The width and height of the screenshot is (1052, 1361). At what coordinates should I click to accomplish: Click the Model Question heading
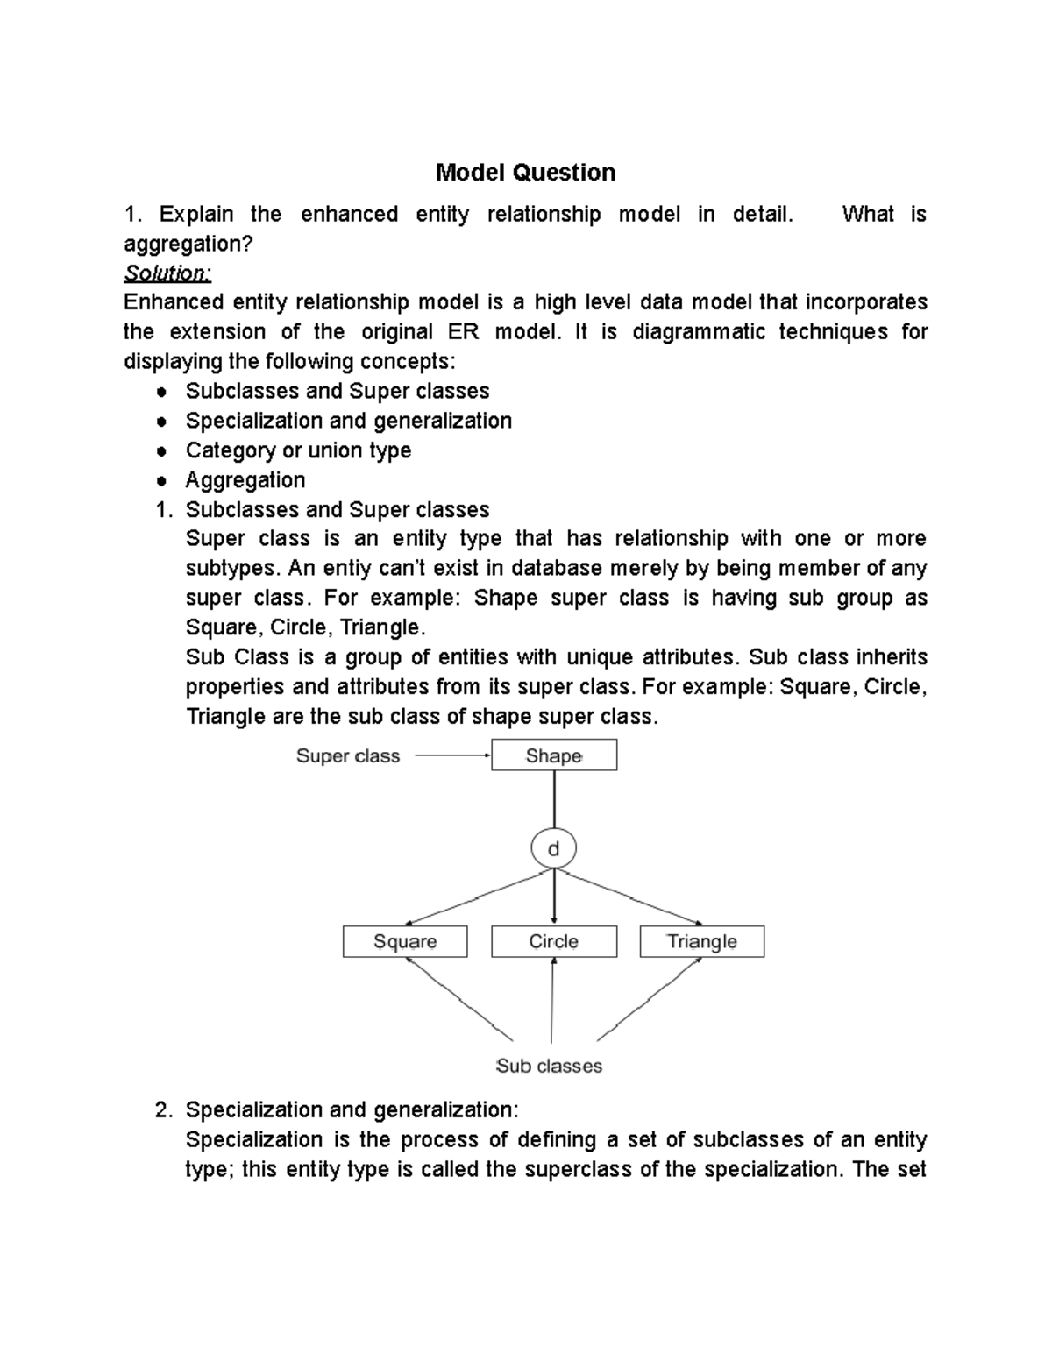coord(525,173)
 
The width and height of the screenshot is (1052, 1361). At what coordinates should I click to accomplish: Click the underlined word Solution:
coord(167,273)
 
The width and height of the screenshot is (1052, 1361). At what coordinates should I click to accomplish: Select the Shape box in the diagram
coord(553,755)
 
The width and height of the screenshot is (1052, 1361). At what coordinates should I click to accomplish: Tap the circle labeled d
coord(553,849)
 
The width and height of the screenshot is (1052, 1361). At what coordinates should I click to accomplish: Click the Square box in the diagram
coord(404,942)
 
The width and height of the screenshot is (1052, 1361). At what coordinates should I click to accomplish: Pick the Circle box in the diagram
coord(553,942)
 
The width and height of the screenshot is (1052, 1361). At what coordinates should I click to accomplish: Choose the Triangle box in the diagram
coord(701,942)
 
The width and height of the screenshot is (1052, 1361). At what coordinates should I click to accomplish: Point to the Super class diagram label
coord(347,756)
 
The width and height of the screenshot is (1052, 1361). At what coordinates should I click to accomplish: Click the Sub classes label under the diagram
coord(549,1067)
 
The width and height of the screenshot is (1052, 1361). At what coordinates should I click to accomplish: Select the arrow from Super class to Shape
coord(451,755)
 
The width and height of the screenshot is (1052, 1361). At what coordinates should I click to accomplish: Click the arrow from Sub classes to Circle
coord(552,999)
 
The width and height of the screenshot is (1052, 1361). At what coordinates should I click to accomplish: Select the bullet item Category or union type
coord(298,450)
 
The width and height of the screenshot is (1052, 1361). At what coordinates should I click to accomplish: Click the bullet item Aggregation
coord(245,480)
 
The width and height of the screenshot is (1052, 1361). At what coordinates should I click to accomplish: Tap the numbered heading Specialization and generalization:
coord(352,1110)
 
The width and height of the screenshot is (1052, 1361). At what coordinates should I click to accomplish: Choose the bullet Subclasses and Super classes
coord(338,392)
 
